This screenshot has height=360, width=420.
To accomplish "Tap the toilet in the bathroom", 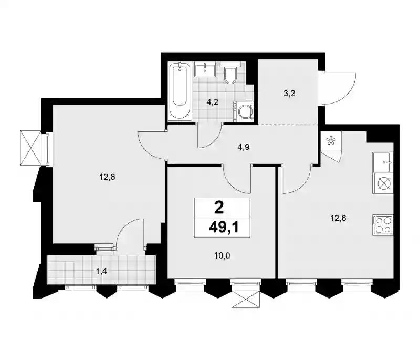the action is pos(230,73).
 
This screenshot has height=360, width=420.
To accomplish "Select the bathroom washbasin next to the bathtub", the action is pos(205,69).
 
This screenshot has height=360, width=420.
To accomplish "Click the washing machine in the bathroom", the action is pos(243,111).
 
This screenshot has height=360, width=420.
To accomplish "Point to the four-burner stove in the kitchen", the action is pos(382,225).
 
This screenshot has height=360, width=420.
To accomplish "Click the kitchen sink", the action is pos(382,162).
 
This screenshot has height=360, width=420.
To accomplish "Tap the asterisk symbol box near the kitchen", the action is pos(331,141).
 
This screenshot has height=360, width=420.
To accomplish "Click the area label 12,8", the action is pos(107,177).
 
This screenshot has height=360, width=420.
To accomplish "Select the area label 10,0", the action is pos(222,256).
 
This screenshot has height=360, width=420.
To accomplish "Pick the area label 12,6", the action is pos(338,218).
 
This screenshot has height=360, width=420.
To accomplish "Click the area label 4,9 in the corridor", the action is pos(243,147).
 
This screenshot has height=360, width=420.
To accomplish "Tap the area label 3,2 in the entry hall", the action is pos(289,94).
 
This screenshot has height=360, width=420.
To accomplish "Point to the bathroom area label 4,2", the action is pos(213,102).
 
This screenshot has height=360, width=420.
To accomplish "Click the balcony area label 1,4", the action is pos(101,272).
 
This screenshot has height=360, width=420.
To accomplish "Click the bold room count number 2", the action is pos(219,208).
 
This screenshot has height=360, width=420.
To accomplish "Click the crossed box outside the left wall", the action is pos(30,148).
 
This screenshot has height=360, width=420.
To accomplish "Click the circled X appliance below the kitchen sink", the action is pos(382,184).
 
